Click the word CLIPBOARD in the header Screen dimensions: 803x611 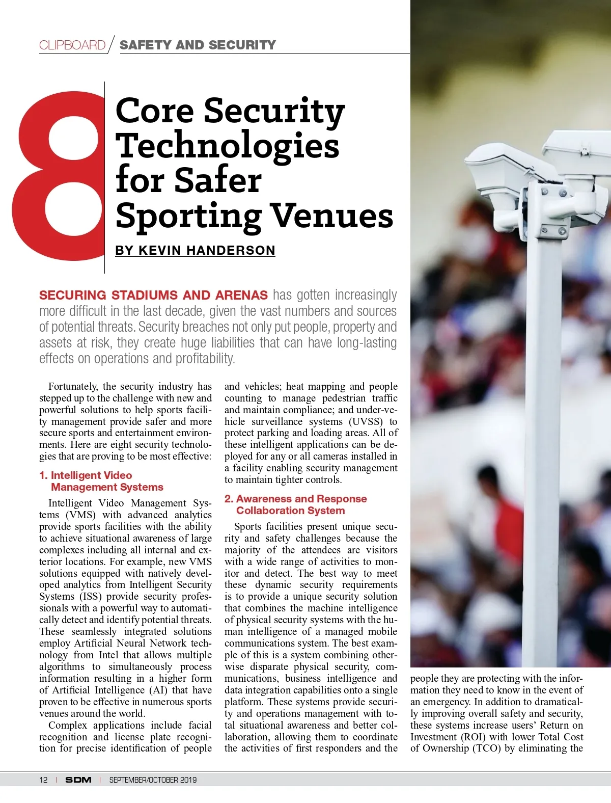pyautogui.click(x=72, y=45)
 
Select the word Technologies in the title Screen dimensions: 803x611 pyautogui.click(x=227, y=146)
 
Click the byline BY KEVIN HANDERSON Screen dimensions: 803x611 pyautogui.click(x=195, y=250)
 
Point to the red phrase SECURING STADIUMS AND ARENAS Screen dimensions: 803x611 pyautogui.click(x=153, y=295)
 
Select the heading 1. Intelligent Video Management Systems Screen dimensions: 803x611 pyautogui.click(x=101, y=481)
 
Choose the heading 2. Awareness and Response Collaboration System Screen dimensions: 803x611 pyautogui.click(x=296, y=504)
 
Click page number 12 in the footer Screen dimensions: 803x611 pyautogui.click(x=43, y=780)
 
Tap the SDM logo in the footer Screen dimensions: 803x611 pyautogui.click(x=78, y=780)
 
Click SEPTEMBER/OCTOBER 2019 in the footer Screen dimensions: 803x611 pyautogui.click(x=153, y=780)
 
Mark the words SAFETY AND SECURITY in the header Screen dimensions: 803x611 pyautogui.click(x=198, y=45)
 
